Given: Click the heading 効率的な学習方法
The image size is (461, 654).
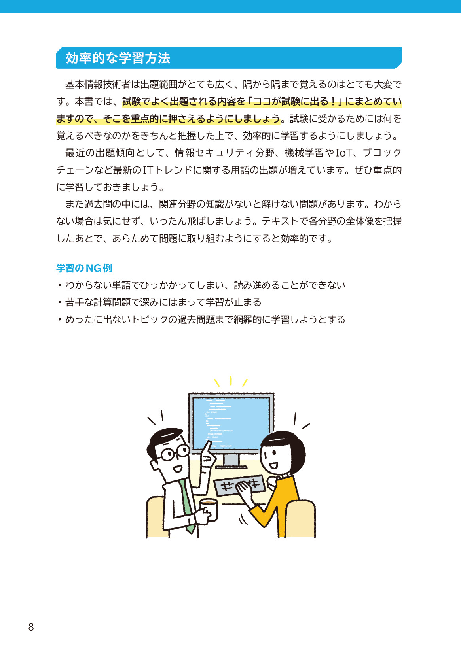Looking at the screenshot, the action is pos(118,58).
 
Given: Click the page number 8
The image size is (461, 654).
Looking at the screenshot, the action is pos(31,627).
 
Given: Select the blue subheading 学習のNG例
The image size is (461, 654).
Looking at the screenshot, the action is pos(84,268).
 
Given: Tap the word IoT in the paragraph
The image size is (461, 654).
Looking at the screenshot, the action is pos(344,153).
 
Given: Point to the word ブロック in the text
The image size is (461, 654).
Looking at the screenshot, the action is pos(382,153).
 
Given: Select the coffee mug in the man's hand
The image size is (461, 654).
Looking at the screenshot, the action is pos(209,509).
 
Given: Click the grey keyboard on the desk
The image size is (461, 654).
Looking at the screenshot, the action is pos(239,485).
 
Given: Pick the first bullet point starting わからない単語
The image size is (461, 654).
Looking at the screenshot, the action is pos(201,285).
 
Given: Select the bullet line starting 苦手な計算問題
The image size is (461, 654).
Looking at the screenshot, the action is pos(159,302).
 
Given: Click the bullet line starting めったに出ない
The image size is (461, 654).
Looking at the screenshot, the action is pos(201,319).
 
